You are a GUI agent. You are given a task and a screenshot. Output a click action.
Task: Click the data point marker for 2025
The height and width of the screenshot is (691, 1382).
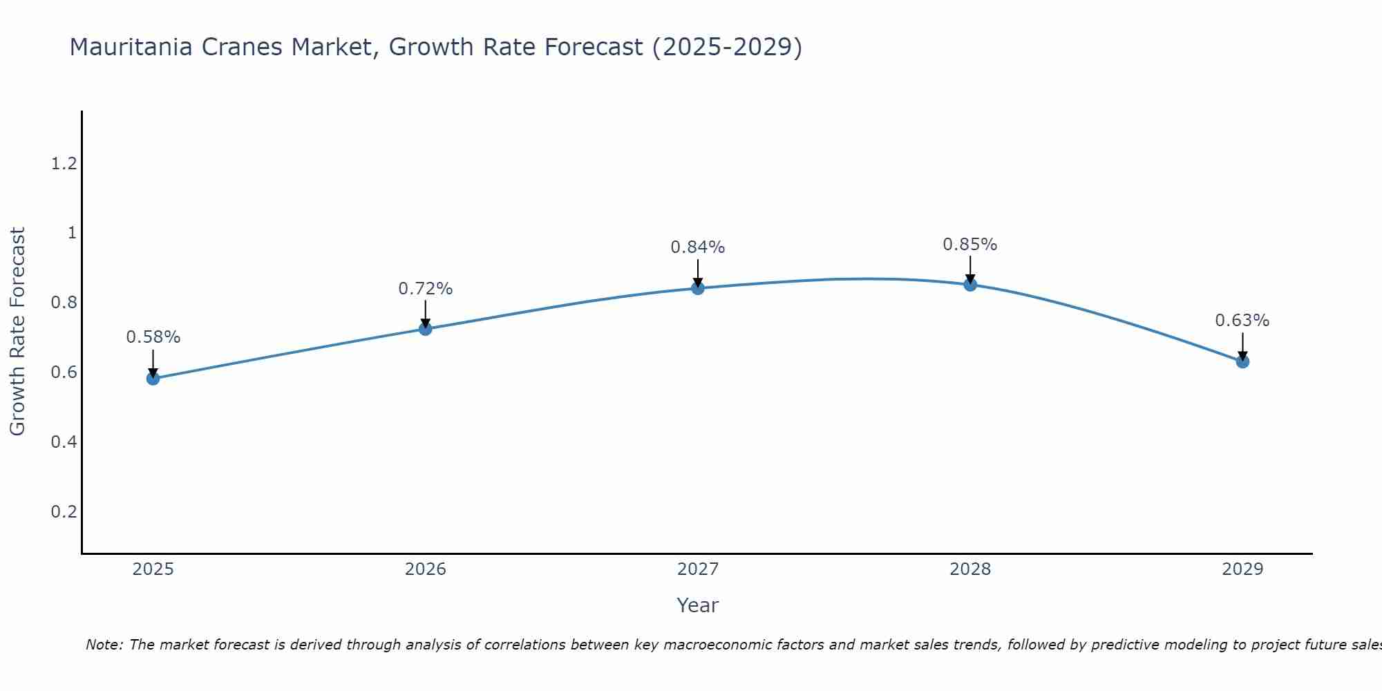point(153,378)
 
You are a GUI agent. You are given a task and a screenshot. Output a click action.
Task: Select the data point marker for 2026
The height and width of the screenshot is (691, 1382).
point(425,329)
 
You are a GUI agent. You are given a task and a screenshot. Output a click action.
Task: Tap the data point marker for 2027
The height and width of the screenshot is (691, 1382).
point(697,287)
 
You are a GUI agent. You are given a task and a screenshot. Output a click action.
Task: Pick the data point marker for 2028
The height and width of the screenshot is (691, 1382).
point(969,284)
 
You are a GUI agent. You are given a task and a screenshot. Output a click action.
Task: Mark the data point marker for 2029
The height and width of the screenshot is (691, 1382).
point(1242,361)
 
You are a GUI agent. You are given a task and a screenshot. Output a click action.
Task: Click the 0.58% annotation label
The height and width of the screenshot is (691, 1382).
point(153,337)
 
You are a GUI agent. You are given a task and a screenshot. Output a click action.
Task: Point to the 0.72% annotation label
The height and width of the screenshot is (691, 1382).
point(425,289)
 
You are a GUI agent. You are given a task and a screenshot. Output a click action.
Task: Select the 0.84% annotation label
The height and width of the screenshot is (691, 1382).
point(697,247)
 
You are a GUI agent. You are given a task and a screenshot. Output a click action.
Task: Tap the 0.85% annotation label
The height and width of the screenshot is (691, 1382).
point(969,245)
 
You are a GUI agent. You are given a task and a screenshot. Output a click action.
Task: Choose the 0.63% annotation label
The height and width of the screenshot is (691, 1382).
point(1242,321)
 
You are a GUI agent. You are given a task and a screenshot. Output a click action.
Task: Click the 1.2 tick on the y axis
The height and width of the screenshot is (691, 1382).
point(64,164)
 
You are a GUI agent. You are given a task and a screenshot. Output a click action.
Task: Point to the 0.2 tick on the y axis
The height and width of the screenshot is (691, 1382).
point(64,512)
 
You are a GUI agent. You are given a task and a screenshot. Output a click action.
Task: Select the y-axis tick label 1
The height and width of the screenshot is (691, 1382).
point(71,234)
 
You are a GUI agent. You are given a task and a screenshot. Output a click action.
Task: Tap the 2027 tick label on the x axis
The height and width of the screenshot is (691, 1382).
point(697,569)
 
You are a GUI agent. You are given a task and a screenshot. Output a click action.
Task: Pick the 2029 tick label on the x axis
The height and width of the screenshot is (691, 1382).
point(1242,569)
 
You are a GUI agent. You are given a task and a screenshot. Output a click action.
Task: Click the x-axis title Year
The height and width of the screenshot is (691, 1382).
point(697,605)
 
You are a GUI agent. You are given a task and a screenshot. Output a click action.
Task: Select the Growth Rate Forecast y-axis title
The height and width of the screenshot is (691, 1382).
point(17,332)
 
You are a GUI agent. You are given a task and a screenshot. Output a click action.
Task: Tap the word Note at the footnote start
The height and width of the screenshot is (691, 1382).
point(104,645)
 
